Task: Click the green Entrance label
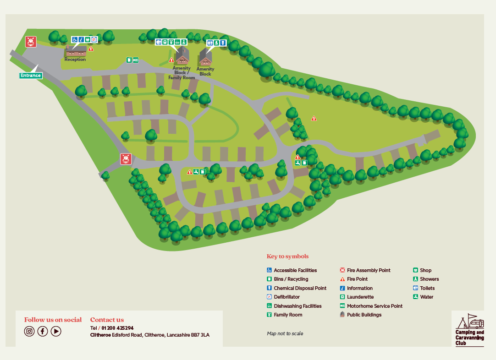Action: [31, 76]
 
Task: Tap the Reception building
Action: [76, 51]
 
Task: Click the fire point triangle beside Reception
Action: [91, 49]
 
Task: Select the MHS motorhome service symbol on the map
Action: [136, 60]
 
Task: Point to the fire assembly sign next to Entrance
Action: [31, 42]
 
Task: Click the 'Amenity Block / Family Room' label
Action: [182, 73]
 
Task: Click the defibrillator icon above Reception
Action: [94, 40]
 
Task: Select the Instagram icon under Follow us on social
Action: [29, 331]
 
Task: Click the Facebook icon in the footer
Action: [43, 331]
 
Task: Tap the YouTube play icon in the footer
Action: [56, 331]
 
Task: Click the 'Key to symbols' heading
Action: [287, 256]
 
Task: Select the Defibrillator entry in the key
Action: [287, 297]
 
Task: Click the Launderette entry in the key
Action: [360, 297]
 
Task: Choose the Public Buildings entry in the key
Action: [364, 315]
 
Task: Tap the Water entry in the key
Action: [426, 297]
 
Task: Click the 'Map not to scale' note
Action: [285, 333]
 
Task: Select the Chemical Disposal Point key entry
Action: [300, 288]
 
